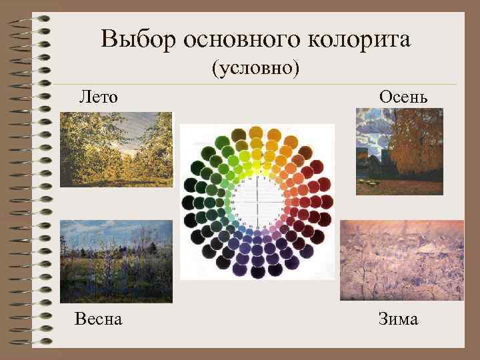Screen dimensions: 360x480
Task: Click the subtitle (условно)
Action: tap(256, 68)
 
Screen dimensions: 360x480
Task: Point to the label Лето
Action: tap(98, 97)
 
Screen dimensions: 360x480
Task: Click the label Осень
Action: tap(403, 97)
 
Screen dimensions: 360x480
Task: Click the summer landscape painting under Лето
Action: tap(116, 149)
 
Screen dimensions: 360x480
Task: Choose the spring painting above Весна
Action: tap(116, 261)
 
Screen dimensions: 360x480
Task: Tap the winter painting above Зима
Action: tap(401, 260)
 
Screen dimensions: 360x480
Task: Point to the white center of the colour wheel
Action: tap(256, 200)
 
